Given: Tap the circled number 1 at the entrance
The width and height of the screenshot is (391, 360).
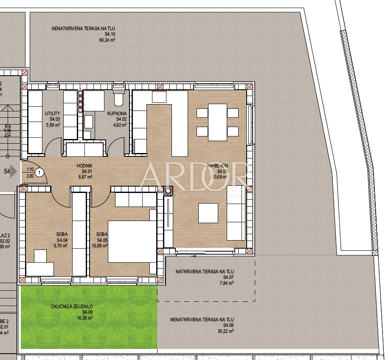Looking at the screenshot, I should tap(39, 172).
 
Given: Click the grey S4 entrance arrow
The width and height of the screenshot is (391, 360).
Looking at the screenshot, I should tap(13, 172).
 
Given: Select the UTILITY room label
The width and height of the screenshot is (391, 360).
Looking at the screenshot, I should tap(53, 113).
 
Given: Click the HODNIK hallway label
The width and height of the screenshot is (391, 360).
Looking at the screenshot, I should tap(84, 166).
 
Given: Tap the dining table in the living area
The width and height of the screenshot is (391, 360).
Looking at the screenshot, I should tap(218, 122).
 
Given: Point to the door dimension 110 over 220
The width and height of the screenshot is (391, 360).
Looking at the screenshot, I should tap(29, 172).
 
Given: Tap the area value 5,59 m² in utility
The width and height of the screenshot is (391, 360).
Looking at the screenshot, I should tap(53, 125).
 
